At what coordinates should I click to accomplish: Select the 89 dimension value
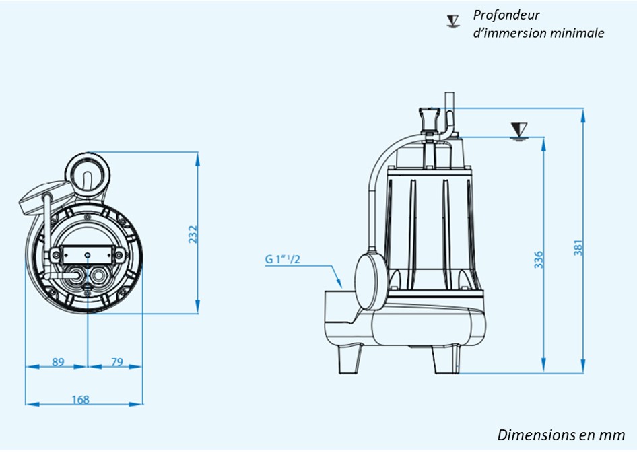pos(58,362)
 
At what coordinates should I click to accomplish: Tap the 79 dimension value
pos(116,362)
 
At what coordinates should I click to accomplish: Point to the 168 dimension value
pos(80,400)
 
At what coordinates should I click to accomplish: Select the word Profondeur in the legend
pos(506,15)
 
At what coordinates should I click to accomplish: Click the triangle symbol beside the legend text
pos(452,21)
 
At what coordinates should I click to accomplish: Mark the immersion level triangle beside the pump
pos(518,129)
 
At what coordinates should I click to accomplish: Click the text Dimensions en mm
pos(561,435)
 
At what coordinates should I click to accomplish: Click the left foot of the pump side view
pos(349,357)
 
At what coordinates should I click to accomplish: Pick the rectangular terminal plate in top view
pos(88,256)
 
